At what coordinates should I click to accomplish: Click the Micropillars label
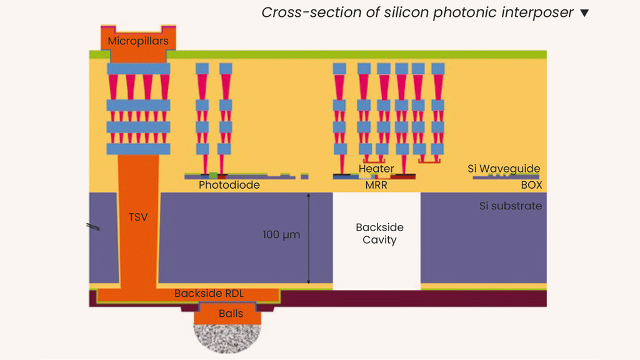[138, 41]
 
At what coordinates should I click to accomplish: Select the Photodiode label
[229, 186]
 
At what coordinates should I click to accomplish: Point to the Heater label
[376, 169]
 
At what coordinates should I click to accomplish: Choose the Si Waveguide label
[504, 169]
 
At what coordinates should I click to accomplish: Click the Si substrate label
[511, 206]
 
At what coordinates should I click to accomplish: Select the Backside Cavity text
[379, 234]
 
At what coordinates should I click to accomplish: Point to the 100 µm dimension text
[281, 236]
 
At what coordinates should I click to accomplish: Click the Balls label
[231, 314]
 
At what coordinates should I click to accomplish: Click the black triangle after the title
[584, 13]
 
